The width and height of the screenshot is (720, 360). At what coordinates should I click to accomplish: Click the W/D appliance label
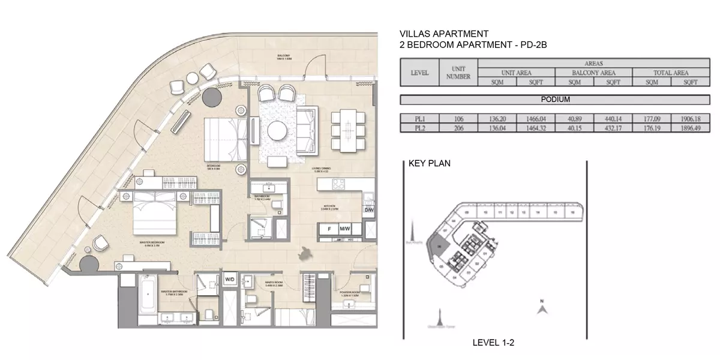[229, 280]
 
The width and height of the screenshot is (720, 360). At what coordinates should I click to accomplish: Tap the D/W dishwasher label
[368, 211]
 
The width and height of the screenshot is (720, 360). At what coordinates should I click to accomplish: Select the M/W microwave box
[345, 229]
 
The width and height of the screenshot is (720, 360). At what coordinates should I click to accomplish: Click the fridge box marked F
[329, 229]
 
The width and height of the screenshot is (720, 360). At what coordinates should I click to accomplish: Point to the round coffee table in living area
[278, 131]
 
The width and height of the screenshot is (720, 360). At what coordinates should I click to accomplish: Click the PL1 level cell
[419, 119]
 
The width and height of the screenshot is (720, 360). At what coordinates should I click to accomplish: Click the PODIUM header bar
[554, 100]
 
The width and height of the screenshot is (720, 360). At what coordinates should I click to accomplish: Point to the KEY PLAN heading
[429, 163]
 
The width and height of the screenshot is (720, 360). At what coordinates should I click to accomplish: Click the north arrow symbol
[541, 308]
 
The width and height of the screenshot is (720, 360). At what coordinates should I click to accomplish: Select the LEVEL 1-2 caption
[494, 343]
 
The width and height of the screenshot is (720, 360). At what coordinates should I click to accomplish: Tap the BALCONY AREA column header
[593, 73]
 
